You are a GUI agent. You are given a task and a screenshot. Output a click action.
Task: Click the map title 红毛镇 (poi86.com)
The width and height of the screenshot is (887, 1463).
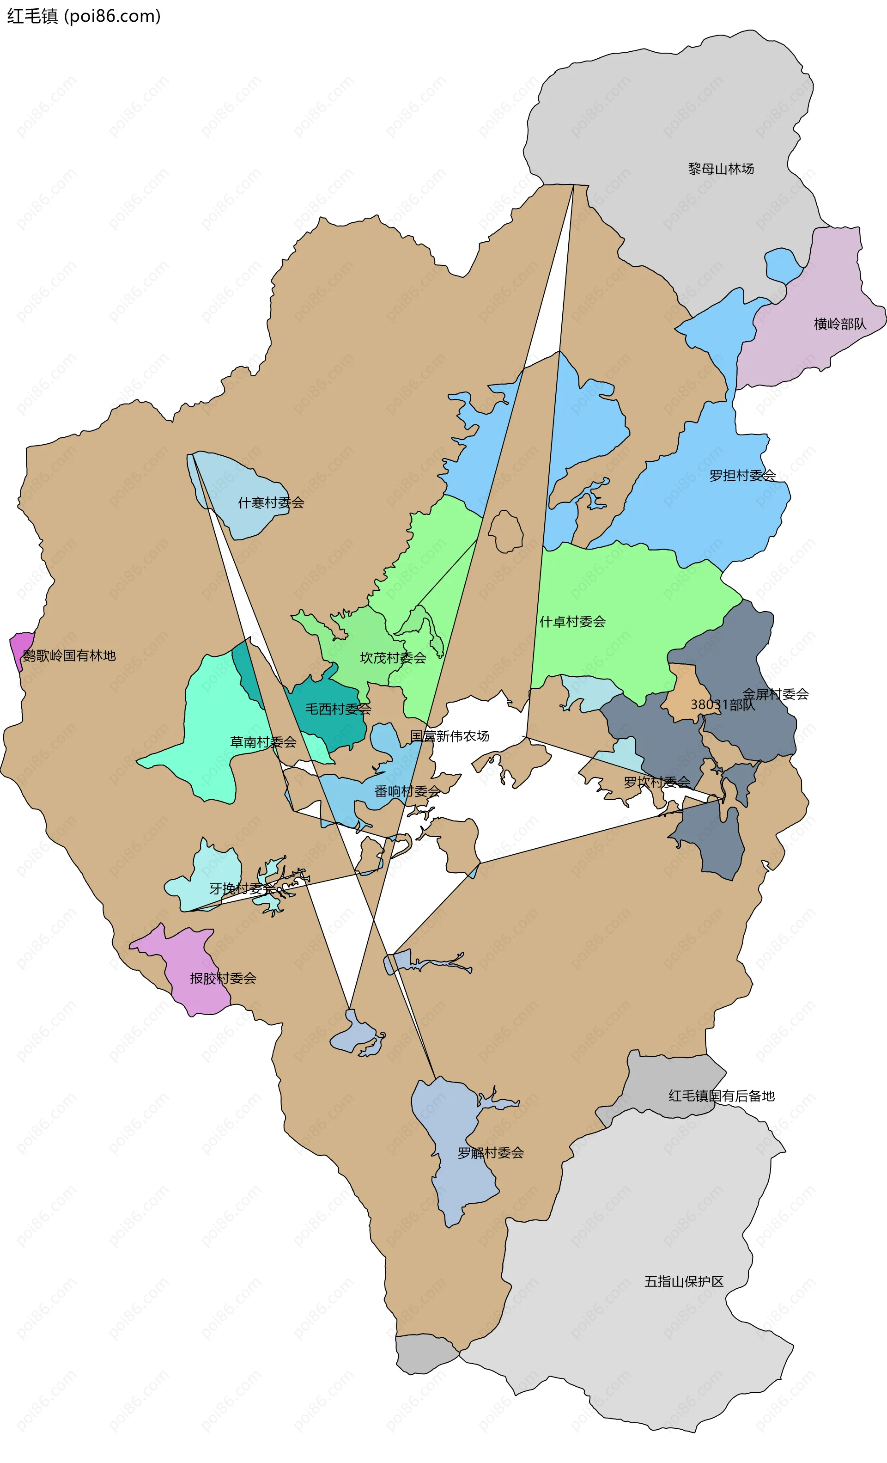84,16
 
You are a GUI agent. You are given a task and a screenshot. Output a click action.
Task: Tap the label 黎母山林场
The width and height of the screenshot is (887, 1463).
720,169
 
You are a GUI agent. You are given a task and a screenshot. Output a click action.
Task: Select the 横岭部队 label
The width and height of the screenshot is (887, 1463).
839,324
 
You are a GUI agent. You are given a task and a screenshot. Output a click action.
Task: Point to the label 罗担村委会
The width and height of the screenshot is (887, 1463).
742,476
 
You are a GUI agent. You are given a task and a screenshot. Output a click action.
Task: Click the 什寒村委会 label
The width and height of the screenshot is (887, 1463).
271,503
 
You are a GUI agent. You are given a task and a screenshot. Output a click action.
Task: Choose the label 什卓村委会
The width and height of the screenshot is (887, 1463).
572,622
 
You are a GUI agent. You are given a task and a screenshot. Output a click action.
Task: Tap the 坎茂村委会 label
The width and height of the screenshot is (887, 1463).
393,658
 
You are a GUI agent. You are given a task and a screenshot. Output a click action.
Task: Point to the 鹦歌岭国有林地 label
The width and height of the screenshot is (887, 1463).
69,655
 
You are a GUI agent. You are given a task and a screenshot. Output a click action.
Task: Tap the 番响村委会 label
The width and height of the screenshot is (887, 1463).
407,791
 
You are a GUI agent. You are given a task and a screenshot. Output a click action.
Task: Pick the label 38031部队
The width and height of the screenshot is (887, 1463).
722,705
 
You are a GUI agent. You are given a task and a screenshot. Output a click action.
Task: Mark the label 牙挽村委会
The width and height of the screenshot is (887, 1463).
243,888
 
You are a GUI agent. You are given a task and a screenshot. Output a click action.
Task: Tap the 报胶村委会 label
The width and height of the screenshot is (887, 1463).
223,979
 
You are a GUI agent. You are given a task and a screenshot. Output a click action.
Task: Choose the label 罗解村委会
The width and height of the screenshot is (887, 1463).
490,1153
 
